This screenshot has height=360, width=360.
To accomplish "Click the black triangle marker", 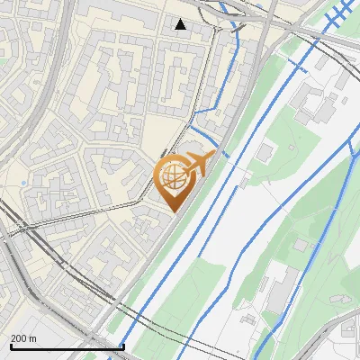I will click(x=181, y=24).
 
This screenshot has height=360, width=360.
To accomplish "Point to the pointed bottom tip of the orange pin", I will click(x=171, y=211).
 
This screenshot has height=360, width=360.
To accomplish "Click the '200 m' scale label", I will click(x=23, y=338).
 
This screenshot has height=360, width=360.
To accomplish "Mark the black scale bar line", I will click(x=67, y=346).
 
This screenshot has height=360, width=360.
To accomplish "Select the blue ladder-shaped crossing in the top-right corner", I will click(x=337, y=13).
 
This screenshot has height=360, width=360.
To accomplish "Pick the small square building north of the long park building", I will click(x=301, y=245).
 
